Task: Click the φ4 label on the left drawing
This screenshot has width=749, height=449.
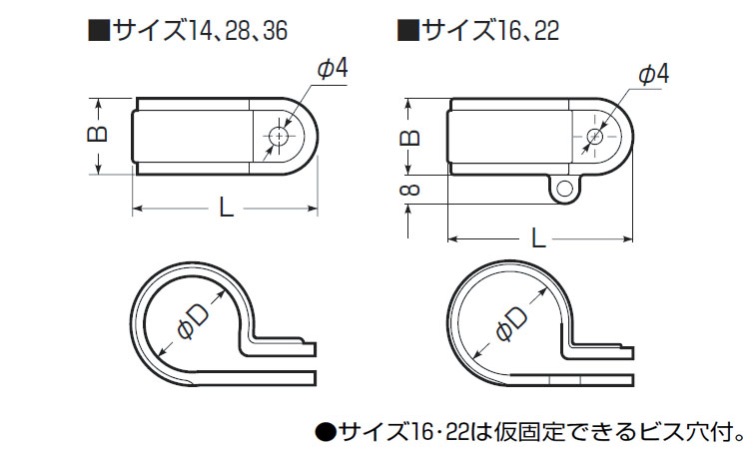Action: (331, 69)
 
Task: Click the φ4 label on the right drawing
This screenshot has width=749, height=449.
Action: (652, 74)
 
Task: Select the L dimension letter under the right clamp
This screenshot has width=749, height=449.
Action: (539, 237)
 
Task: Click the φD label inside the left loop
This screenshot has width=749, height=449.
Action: (191, 321)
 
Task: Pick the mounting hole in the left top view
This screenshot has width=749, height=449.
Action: (281, 136)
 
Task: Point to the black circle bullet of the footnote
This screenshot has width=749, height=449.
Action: (326, 431)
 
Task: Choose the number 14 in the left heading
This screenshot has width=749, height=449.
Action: (203, 30)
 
